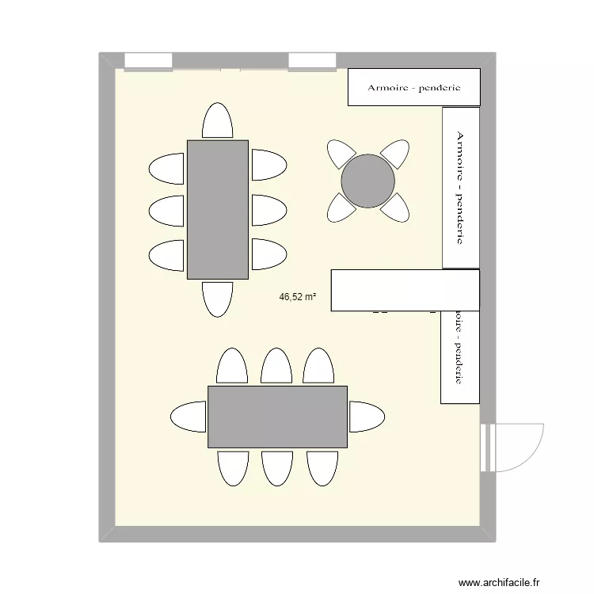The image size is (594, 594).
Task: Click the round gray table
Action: point(367,181)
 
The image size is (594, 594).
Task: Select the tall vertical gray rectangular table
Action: point(218,210)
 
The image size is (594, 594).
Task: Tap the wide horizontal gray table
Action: point(277,417)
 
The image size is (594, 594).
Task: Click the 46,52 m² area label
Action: point(298,298)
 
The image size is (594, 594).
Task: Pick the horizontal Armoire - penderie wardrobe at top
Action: point(414,87)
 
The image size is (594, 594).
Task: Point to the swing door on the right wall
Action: point(515,447)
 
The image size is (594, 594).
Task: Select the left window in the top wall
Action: point(149,61)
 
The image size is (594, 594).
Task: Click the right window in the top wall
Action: point(312,61)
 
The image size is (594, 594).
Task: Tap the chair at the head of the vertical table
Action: point(218,121)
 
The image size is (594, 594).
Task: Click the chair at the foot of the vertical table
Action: point(218,298)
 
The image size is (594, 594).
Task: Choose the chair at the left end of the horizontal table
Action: point(189,417)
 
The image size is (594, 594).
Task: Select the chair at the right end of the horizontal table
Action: point(366,417)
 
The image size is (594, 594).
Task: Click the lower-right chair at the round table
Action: point(394,208)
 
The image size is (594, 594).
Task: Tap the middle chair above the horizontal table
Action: point(277,366)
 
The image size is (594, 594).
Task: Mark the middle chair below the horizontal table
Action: point(277,467)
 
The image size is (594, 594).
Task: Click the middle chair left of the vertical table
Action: point(166,211)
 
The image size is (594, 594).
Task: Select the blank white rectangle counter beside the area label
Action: point(405,290)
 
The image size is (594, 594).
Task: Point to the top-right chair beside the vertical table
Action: point(268,166)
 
